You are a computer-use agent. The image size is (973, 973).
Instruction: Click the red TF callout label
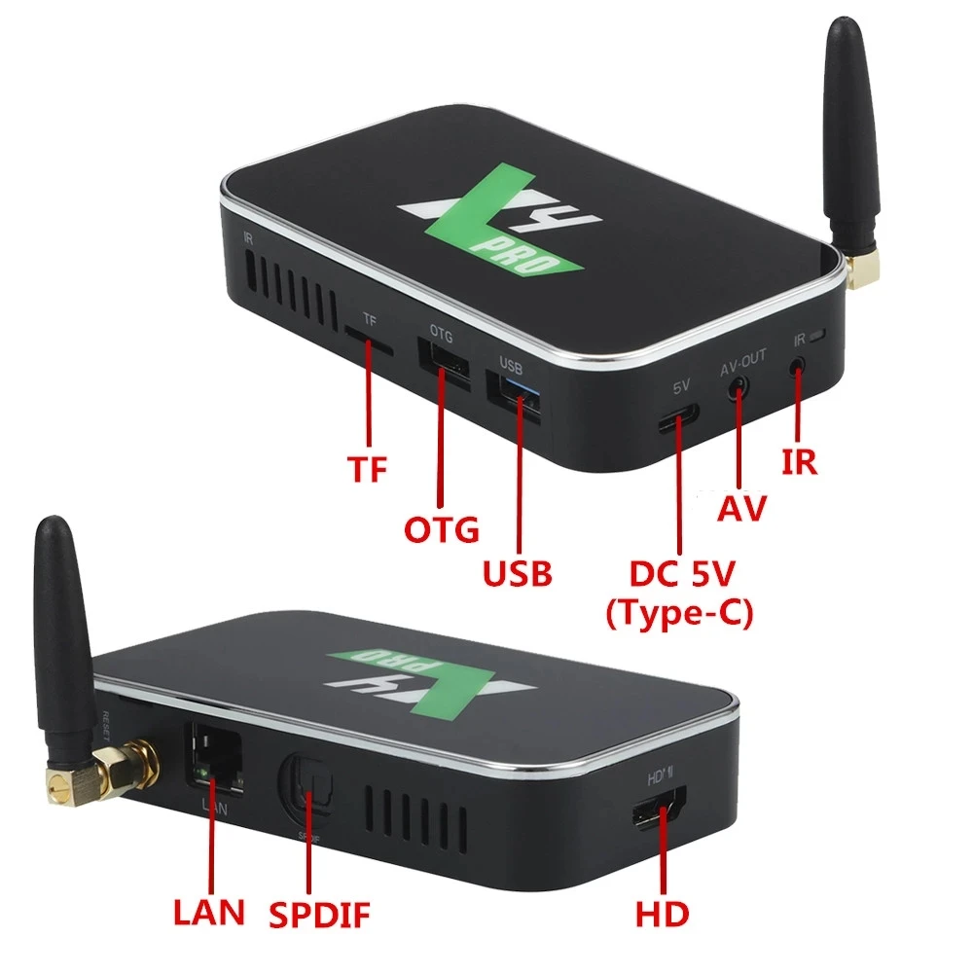click(x=368, y=469)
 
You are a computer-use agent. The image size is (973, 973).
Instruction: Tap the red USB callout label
click(x=518, y=573)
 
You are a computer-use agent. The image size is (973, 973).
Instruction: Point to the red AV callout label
click(x=742, y=507)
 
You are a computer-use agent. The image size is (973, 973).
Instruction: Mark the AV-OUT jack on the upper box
click(x=740, y=386)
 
